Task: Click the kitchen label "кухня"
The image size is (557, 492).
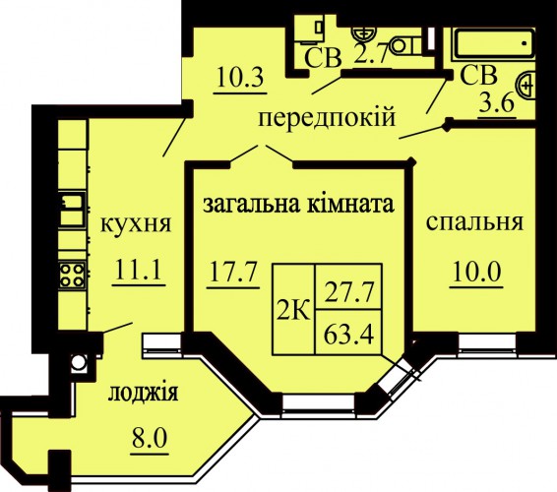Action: [x=136, y=224]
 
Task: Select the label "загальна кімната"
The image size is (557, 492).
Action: [x=298, y=205]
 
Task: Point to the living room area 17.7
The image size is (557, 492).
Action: [x=233, y=272]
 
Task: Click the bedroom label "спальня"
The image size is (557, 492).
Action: [x=474, y=223]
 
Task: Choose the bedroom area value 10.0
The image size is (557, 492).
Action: [x=476, y=272]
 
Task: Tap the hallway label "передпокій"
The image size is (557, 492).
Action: [x=327, y=117]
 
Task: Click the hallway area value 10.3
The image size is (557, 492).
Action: [x=240, y=78]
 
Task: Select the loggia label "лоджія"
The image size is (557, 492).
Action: [x=143, y=394]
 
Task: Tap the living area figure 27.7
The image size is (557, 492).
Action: [x=349, y=292]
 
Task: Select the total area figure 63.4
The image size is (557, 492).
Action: [x=349, y=335]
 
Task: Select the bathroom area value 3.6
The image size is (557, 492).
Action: [x=497, y=103]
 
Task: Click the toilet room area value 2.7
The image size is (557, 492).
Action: [x=369, y=56]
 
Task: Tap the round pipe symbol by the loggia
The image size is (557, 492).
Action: [x=79, y=362]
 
